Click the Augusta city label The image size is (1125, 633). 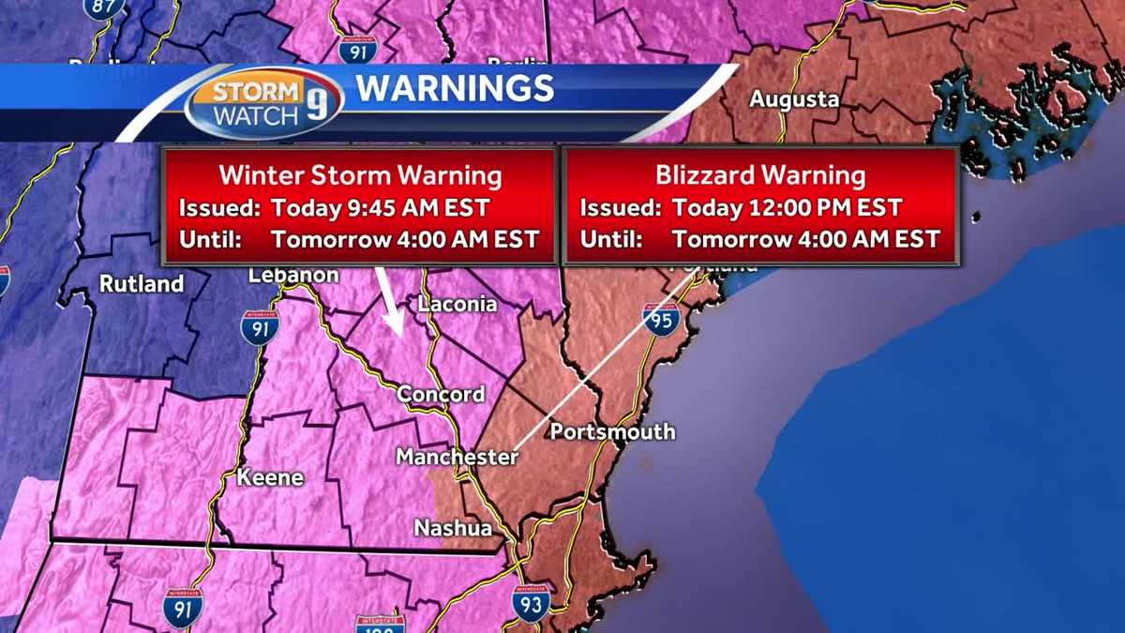click(x=793, y=100)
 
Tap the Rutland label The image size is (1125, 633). click(x=142, y=284)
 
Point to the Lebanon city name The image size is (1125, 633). click(x=293, y=275)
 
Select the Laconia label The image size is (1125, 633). click(x=457, y=304)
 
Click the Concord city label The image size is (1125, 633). click(x=441, y=394)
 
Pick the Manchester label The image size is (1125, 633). click(x=457, y=457)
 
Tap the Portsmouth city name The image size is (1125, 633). click(x=612, y=431)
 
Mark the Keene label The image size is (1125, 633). click(x=270, y=477)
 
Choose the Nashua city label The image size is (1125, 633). click(x=454, y=529)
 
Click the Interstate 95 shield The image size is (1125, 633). click(x=661, y=320)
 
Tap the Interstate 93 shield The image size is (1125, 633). click(x=531, y=602)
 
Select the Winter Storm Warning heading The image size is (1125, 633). click(x=360, y=175)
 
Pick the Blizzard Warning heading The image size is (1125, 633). click(x=759, y=175)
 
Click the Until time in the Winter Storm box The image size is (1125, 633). click(x=405, y=239)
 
